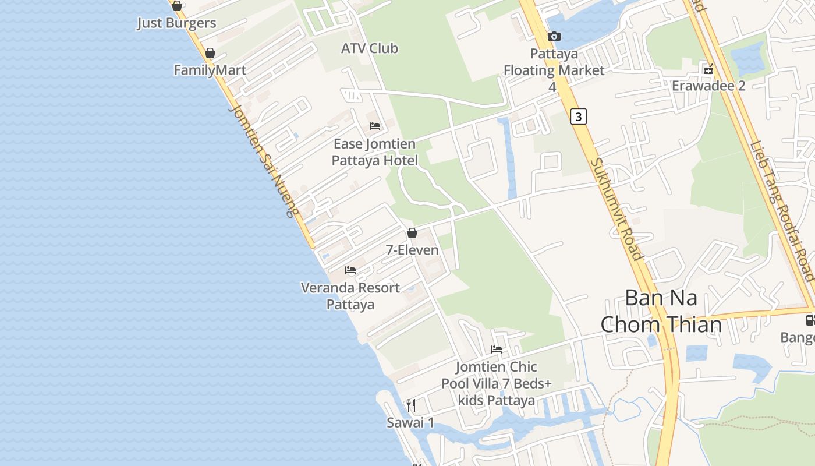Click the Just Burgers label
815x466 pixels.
[x=176, y=23]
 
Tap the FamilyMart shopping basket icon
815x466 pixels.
[x=210, y=53]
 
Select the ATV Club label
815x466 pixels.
[x=370, y=48]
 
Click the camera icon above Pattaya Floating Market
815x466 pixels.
[x=554, y=36]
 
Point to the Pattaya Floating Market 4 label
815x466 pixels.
[x=554, y=70]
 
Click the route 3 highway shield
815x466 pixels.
[x=577, y=116]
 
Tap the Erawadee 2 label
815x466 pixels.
[x=708, y=86]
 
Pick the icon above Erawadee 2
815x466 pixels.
[x=708, y=69]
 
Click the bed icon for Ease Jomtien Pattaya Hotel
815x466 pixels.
[x=375, y=126]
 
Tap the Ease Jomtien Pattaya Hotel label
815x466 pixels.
[x=375, y=152]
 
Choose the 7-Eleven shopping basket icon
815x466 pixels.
[x=412, y=233]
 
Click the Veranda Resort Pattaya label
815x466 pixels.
[x=350, y=296]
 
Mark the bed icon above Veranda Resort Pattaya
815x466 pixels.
[x=350, y=270]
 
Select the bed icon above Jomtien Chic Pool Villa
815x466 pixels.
[x=497, y=349]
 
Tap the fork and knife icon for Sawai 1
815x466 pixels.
[x=411, y=405]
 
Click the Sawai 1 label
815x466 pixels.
[x=410, y=423]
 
